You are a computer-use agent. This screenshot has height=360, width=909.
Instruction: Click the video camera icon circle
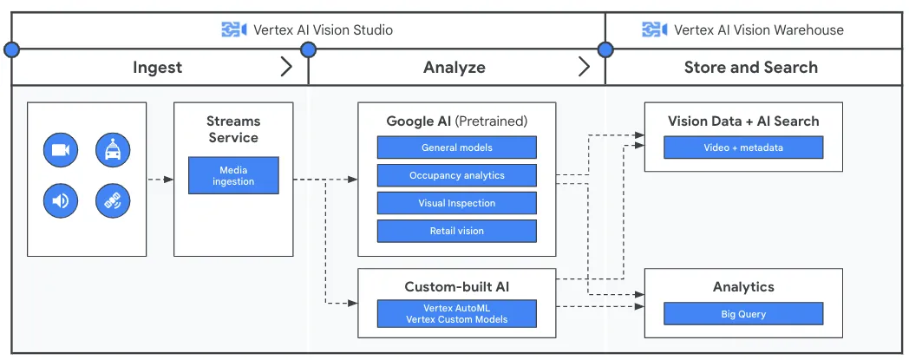pyautogui.click(x=61, y=150)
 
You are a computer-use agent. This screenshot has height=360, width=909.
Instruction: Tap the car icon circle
pyautogui.click(x=113, y=150)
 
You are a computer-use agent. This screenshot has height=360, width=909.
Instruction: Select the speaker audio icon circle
pyautogui.click(x=61, y=201)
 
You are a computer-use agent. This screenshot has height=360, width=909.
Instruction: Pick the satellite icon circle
pyautogui.click(x=113, y=201)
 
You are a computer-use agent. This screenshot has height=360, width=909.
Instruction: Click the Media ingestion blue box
pyautogui.click(x=233, y=175)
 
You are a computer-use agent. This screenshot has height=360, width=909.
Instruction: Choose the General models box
pyautogui.click(x=456, y=147)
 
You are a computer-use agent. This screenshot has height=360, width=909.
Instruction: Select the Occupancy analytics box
pyautogui.click(x=456, y=175)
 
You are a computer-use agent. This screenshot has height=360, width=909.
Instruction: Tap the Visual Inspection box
pyautogui.click(x=456, y=203)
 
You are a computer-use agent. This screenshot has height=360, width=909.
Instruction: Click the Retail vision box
pyautogui.click(x=456, y=231)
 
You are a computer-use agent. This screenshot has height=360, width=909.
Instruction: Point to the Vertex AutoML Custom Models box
pyautogui.click(x=456, y=313)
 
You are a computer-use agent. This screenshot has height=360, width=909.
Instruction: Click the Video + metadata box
pyautogui.click(x=742, y=147)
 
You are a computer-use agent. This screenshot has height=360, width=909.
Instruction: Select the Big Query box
pyautogui.click(x=742, y=314)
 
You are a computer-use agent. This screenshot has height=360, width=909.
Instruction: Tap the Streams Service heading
pyautogui.click(x=233, y=129)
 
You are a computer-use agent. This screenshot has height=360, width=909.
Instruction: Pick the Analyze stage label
pyautogui.click(x=454, y=67)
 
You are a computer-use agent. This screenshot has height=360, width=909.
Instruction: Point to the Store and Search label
pyautogui.click(x=750, y=67)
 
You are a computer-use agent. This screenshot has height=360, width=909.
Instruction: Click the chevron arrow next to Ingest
pyautogui.click(x=287, y=67)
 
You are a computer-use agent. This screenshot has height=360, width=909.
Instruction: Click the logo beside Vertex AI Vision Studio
pyautogui.click(x=234, y=29)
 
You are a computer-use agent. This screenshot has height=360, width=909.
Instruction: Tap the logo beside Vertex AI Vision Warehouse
pyautogui.click(x=654, y=29)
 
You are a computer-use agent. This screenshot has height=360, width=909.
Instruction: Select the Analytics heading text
pyautogui.click(x=743, y=286)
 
